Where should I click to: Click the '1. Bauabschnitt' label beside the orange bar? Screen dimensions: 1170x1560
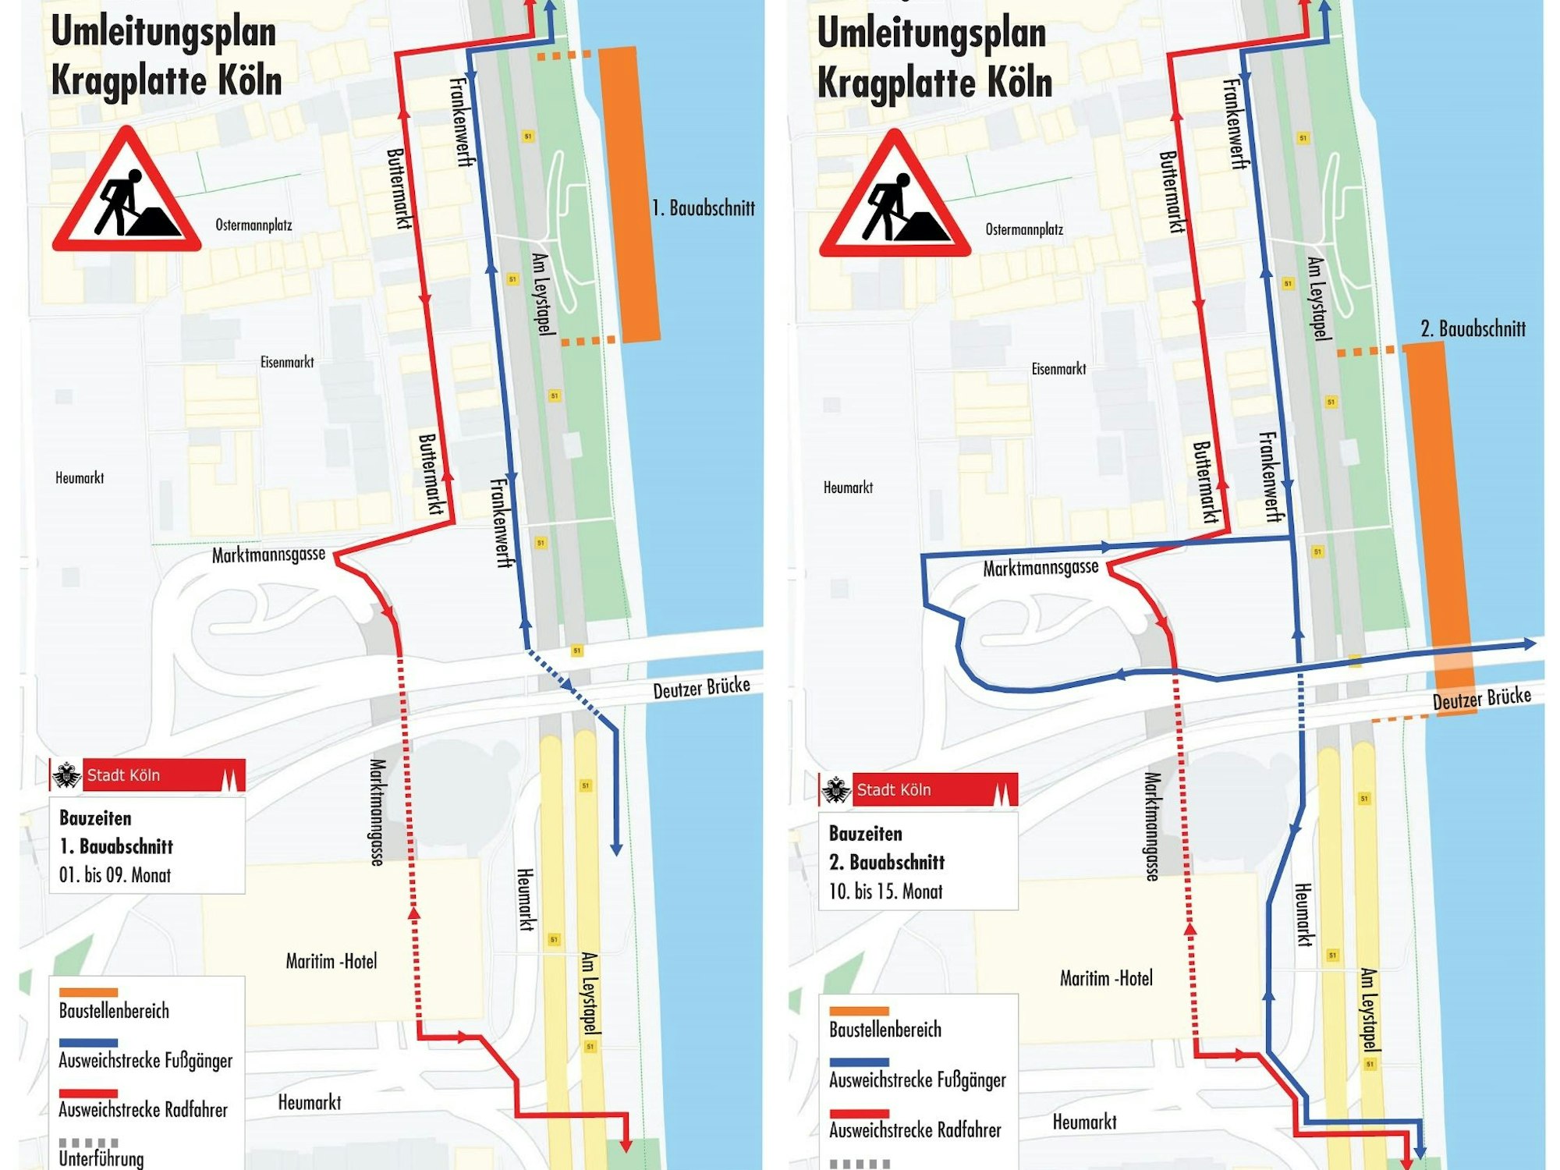pyautogui.click(x=703, y=208)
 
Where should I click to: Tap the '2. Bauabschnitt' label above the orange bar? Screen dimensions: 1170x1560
pyautogui.click(x=1473, y=328)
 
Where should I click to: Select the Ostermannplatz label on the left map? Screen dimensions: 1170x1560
pyautogui.click(x=253, y=225)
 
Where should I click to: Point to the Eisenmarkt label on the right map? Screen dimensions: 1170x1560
pyautogui.click(x=1058, y=369)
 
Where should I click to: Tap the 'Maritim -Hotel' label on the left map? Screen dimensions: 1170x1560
pyautogui.click(x=331, y=961)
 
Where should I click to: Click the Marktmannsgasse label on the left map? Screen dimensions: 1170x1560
pyautogui.click(x=268, y=555)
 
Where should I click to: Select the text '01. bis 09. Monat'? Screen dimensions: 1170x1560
pyautogui.click(x=115, y=875)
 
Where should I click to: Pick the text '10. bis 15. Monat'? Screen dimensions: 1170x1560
pyautogui.click(x=885, y=892)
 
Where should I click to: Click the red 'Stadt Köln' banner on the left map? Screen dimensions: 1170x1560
pyautogui.click(x=164, y=775)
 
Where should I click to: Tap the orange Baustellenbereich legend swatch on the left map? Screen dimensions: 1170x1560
pyautogui.click(x=88, y=992)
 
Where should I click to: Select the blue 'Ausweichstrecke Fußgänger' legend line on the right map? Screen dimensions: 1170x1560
pyautogui.click(x=859, y=1062)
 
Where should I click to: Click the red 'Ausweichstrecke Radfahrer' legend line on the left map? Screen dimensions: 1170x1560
pyautogui.click(x=88, y=1094)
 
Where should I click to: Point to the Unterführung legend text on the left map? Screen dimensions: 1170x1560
pyautogui.click(x=101, y=1159)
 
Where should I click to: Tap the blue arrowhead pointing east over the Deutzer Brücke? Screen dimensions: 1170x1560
pyautogui.click(x=1530, y=643)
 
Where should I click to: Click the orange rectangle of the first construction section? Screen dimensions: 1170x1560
pyautogui.click(x=629, y=195)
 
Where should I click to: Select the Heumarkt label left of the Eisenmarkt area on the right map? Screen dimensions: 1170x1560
pyautogui.click(x=848, y=487)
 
